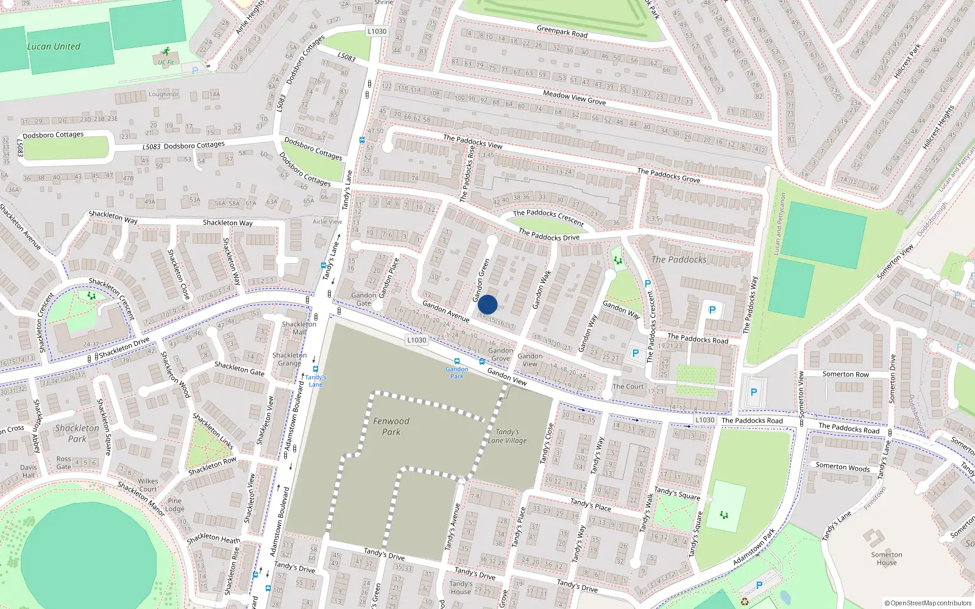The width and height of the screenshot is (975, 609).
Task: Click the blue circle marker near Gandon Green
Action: click(x=487, y=304)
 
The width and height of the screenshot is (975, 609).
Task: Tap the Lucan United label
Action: click(x=54, y=46)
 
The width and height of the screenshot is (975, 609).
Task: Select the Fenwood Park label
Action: click(x=391, y=426)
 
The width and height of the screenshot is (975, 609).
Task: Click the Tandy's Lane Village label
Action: click(x=507, y=436)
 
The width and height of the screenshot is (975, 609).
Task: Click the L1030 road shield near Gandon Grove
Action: click(x=417, y=340)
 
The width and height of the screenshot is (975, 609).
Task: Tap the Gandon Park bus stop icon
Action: click(x=456, y=361)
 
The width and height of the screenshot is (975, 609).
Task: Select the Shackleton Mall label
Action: click(x=299, y=328)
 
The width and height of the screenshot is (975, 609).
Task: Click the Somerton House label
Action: click(x=887, y=558)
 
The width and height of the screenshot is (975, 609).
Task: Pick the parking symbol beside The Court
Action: click(x=636, y=353)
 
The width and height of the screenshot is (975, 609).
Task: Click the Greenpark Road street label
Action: click(x=562, y=31)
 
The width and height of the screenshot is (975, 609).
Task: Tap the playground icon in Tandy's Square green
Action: click(x=724, y=515)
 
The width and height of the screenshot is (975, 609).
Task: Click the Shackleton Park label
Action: click(x=77, y=433)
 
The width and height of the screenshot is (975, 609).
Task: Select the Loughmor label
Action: click(x=163, y=94)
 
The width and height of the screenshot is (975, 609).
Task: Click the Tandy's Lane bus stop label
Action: click(x=316, y=381)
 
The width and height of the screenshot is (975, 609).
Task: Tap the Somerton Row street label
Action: click(x=846, y=374)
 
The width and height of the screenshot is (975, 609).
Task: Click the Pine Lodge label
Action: click(x=174, y=505)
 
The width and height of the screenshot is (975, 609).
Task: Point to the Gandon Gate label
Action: click(x=363, y=299)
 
